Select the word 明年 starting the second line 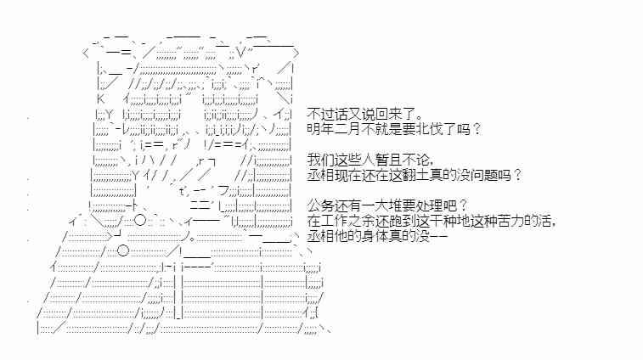coord(319,129)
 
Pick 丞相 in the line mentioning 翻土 coord(319,175)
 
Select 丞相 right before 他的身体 coord(319,236)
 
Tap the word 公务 coord(319,205)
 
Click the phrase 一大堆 coord(374,205)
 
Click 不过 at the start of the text coord(319,114)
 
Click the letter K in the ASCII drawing coord(101,98)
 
